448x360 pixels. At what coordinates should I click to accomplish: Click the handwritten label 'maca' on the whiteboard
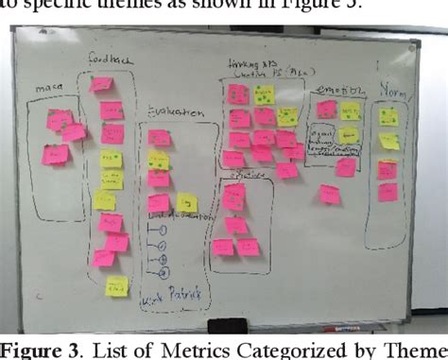pyautogui.click(x=48, y=90)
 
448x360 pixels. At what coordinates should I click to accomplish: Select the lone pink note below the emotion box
pyautogui.click(x=329, y=195)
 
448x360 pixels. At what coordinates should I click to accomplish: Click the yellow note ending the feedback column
pyautogui.click(x=116, y=286)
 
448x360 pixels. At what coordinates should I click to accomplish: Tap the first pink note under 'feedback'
pyautogui.click(x=101, y=85)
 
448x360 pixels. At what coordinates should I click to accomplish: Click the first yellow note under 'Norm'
pyautogui.click(x=388, y=117)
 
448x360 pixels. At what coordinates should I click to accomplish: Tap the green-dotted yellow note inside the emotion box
pyautogui.click(x=350, y=111)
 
